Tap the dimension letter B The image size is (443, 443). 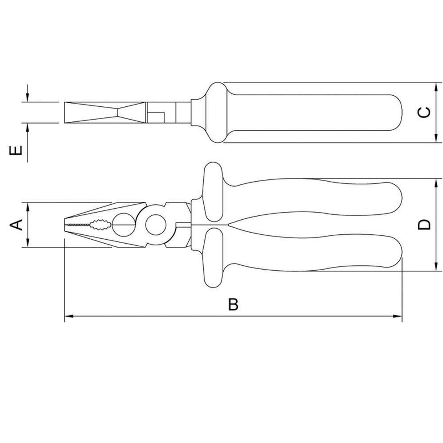pos(233,305)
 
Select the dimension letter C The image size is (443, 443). pos(424,113)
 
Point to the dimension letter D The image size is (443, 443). pos(424,225)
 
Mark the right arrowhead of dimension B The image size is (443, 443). pos(398,316)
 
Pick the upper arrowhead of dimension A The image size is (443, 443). pos(27,206)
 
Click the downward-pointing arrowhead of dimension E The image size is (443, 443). pos(27,98)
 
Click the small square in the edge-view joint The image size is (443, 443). pos(155,117)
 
